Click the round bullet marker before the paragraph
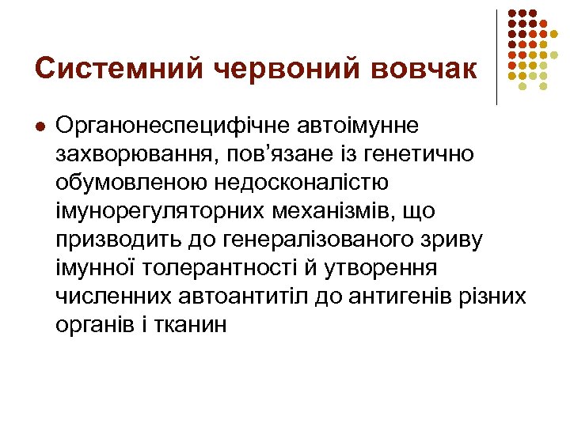point(40,126)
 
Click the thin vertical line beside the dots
point(496,57)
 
